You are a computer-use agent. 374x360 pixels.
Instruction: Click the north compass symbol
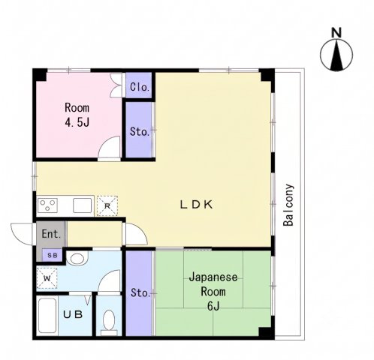[336, 55]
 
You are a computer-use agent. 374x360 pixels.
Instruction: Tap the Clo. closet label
[140, 87]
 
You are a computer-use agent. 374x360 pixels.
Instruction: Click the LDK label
[197, 205]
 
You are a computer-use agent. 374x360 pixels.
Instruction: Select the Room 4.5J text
[77, 115]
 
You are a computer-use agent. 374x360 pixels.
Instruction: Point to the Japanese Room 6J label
[213, 292]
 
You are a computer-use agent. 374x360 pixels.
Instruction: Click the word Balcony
[288, 205]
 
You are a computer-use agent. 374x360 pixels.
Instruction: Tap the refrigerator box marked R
[107, 205]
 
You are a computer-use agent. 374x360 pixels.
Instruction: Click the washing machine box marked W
[47, 278]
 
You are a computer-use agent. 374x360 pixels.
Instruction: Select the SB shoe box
[52, 255]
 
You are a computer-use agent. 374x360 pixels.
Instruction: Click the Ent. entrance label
[51, 234]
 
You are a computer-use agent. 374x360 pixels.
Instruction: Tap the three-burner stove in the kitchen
[47, 205]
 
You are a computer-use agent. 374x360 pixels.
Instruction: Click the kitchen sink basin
[83, 205]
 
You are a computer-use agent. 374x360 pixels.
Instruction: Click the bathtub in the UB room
[47, 316]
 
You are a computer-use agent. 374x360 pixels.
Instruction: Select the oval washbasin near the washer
[78, 258]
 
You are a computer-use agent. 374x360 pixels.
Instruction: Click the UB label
[73, 315]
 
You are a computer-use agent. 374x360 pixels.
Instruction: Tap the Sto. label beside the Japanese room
[140, 292]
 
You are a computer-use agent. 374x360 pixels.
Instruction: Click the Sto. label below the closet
[140, 131]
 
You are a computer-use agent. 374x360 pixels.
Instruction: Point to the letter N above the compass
[336, 33]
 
